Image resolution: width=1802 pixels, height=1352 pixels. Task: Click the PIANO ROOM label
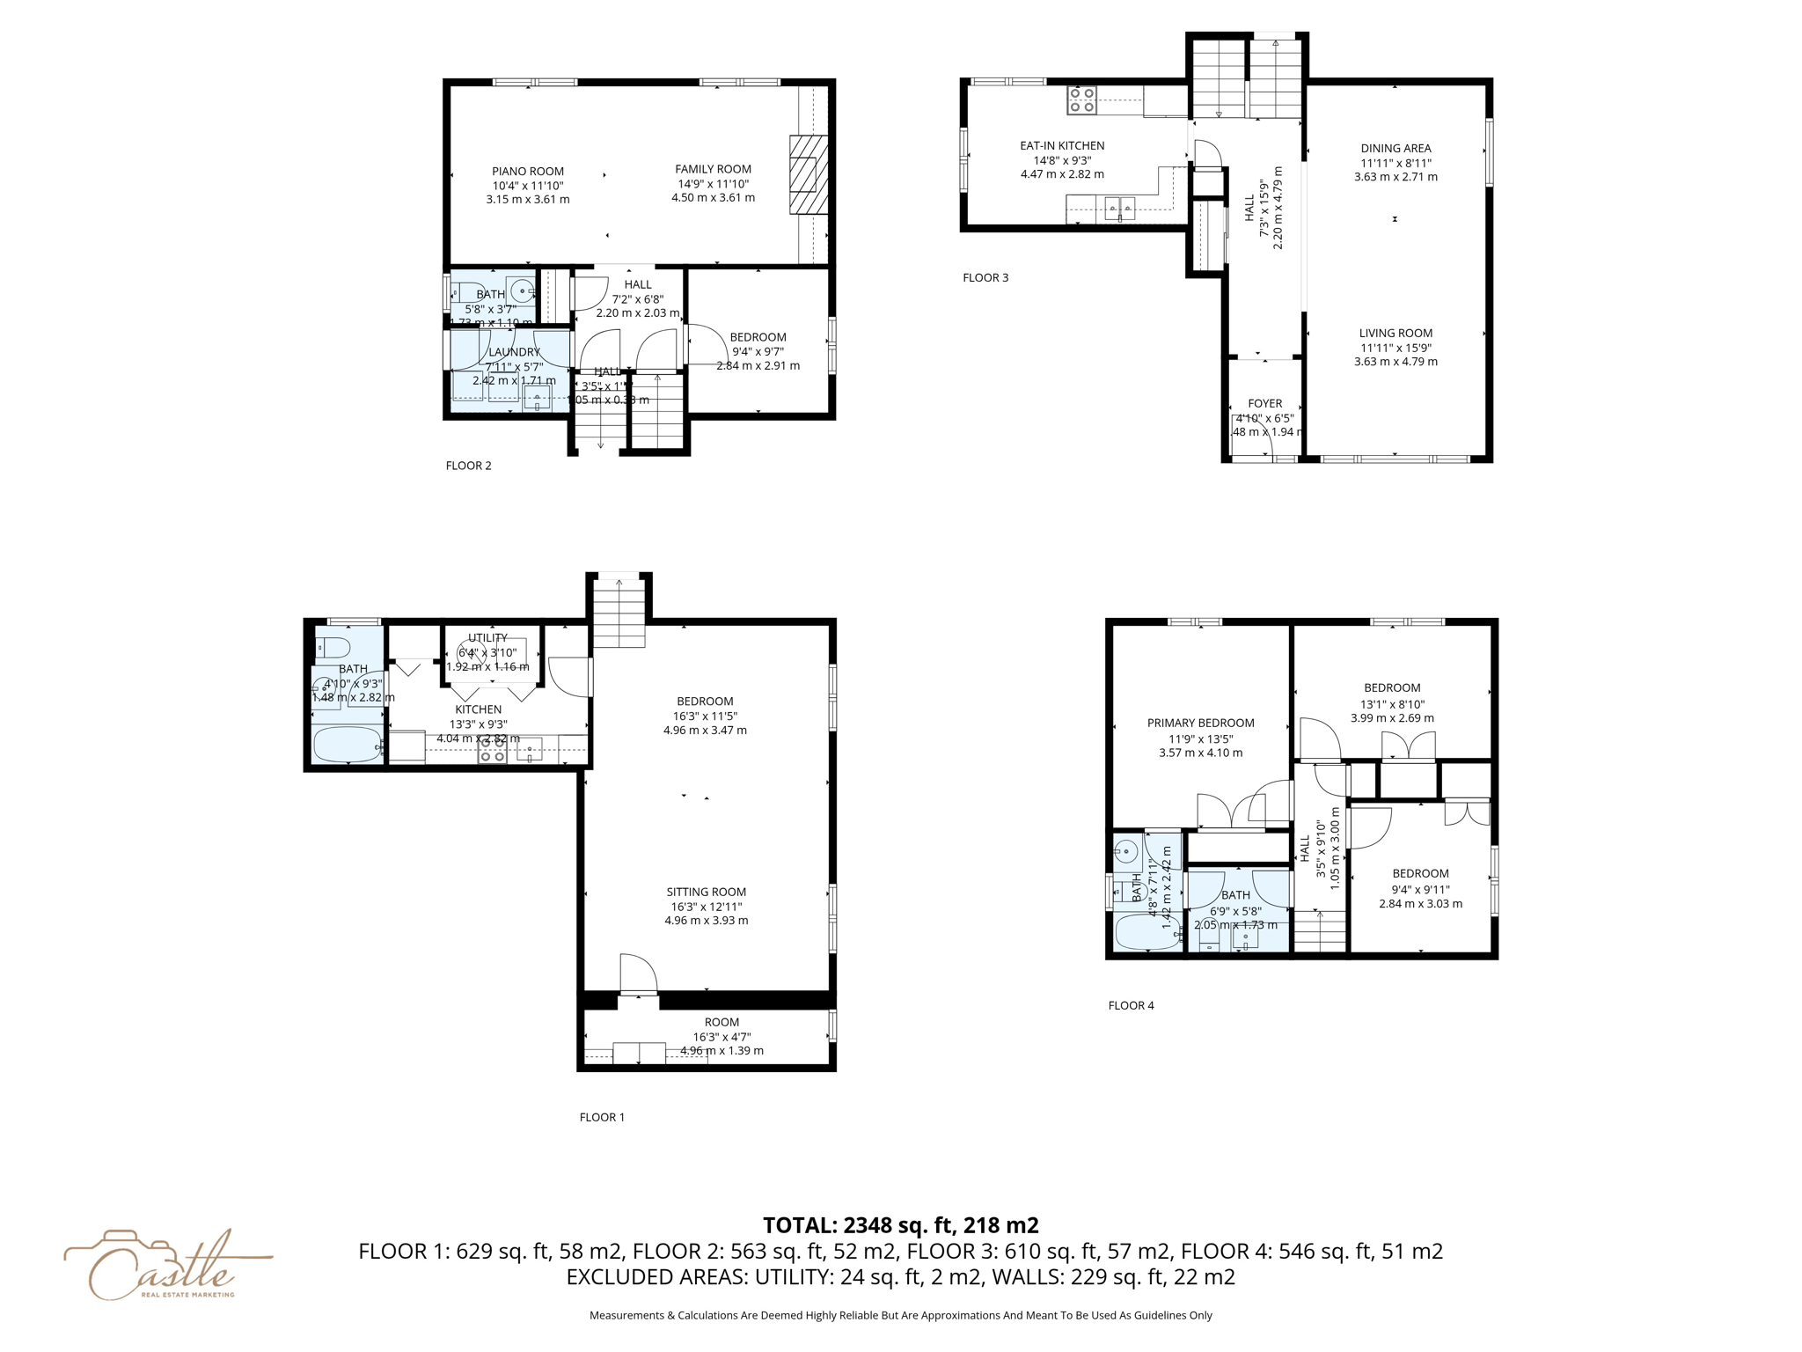point(528,172)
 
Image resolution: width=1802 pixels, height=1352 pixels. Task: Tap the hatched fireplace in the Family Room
point(808,174)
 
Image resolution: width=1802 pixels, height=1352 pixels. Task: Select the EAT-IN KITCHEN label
point(1062,146)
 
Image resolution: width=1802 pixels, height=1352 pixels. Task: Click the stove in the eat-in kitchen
point(1081,99)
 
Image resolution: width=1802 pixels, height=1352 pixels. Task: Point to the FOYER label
point(1264,404)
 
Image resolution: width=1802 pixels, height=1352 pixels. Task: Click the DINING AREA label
point(1395,149)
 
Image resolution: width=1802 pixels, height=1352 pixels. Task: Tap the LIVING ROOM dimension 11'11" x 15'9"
point(1395,348)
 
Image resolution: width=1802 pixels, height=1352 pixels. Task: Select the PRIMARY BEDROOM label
point(1200,724)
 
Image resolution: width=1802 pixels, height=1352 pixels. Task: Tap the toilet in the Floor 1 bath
point(333,647)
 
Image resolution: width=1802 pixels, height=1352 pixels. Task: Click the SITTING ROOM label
point(706,893)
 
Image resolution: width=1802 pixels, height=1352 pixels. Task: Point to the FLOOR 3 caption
point(985,278)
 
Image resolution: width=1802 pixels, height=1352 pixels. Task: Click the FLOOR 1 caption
point(602,1118)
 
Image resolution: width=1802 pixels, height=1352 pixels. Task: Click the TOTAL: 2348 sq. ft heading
point(900,1225)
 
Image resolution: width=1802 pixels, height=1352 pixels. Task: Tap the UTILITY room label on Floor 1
point(487,638)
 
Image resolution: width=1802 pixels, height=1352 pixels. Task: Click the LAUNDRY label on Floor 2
point(514,352)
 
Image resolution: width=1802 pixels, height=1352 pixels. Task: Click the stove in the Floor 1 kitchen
point(492,751)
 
